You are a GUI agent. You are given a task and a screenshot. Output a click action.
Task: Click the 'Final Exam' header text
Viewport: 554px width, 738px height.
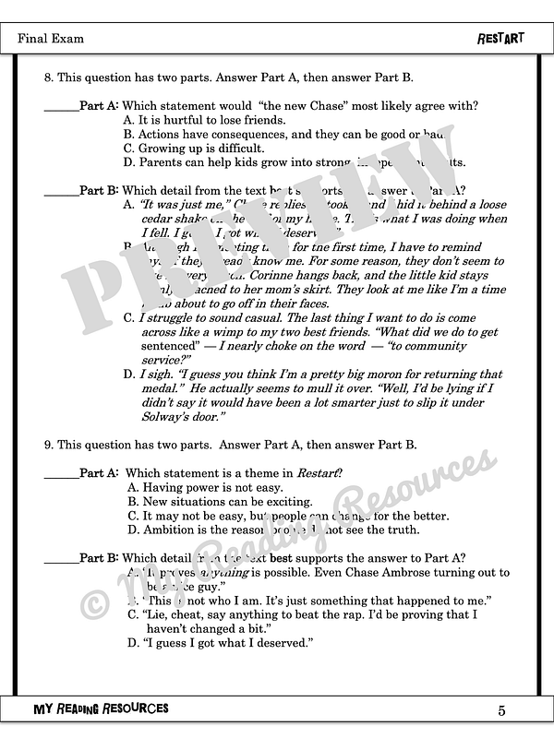pyautogui.click(x=51, y=39)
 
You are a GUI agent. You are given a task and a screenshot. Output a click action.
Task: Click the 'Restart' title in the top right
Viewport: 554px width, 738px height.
pyautogui.click(x=500, y=39)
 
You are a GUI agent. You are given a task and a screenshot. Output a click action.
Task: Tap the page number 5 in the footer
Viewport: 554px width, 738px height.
pyautogui.click(x=501, y=709)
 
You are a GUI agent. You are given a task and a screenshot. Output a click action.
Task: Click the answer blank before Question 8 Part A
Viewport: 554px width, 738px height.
pyautogui.click(x=61, y=107)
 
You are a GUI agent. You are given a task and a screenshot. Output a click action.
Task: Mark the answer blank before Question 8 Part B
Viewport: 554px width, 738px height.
pyautogui.click(x=61, y=192)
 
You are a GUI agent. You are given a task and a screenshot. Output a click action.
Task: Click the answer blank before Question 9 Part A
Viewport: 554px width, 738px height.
pyautogui.click(x=61, y=474)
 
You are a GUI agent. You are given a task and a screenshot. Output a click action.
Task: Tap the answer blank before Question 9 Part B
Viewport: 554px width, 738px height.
pyautogui.click(x=61, y=558)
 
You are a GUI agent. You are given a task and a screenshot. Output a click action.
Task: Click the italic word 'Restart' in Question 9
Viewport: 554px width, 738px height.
pyautogui.click(x=318, y=473)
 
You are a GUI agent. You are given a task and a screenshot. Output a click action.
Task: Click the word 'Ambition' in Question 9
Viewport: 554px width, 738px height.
pyautogui.click(x=169, y=530)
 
